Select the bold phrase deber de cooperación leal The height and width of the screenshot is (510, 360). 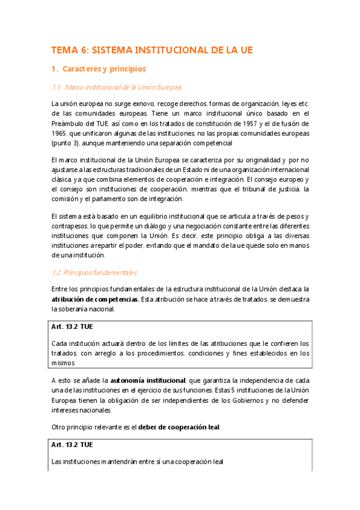click(179, 428)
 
